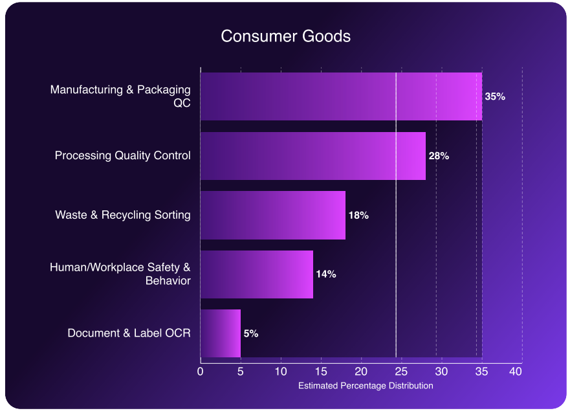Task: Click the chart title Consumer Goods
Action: coord(285,36)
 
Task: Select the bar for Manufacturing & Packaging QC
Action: coord(341,96)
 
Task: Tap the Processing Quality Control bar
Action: coord(312,156)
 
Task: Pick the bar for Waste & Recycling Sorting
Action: coord(272,215)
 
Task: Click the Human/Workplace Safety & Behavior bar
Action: coord(256,274)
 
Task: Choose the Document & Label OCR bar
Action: coord(220,333)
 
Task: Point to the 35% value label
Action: coord(495,96)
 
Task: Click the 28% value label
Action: coord(439,156)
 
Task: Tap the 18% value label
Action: coord(358,215)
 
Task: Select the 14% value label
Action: coord(326,274)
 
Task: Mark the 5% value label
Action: coord(251,333)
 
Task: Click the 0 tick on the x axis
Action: coord(201,372)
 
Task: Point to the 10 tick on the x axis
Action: coord(281,372)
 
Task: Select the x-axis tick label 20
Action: coord(361,372)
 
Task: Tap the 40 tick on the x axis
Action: coord(516,372)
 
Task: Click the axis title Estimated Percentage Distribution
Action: coord(366,386)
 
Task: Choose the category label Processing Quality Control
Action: coord(123,156)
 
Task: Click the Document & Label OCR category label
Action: coord(129,333)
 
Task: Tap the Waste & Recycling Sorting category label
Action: coord(123,215)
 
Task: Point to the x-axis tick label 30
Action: coord(441,372)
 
